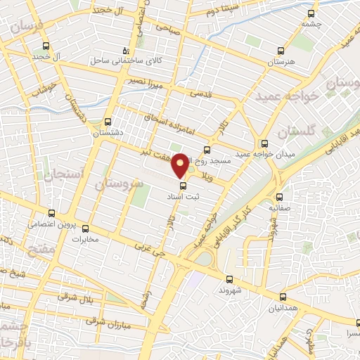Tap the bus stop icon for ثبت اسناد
point(184,186)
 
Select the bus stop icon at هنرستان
point(281,51)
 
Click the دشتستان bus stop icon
point(108,121)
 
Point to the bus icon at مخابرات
point(86,228)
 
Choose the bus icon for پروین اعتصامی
point(51,213)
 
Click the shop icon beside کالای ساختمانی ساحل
point(125,50)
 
